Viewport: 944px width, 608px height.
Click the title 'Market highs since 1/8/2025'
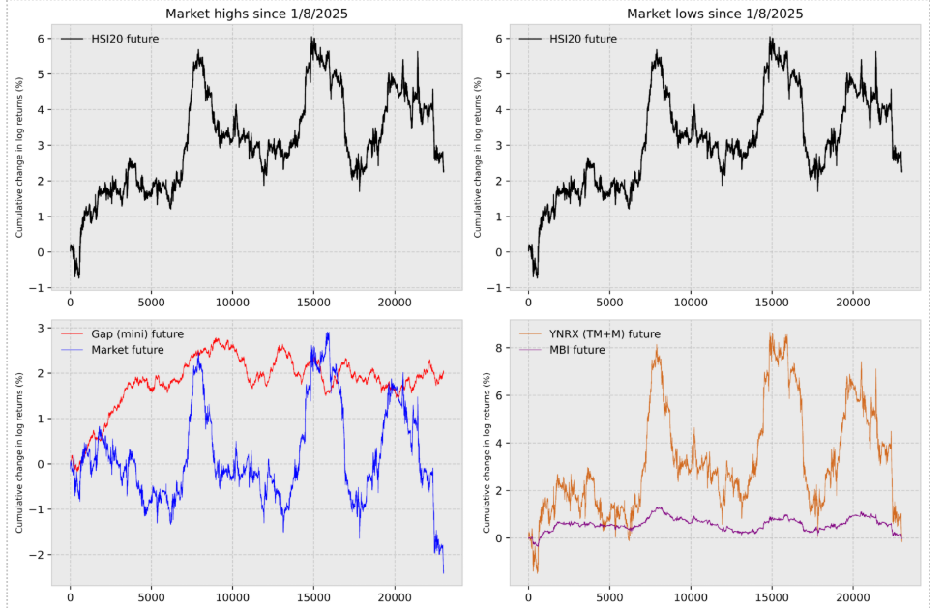[x=256, y=14]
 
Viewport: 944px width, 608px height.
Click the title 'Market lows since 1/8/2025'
[x=714, y=14]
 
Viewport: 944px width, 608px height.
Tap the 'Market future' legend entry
[x=126, y=349]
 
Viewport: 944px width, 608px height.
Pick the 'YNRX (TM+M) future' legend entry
[x=604, y=333]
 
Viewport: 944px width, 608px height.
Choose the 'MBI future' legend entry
[x=579, y=349]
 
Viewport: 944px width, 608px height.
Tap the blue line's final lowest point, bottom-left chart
[x=443, y=573]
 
